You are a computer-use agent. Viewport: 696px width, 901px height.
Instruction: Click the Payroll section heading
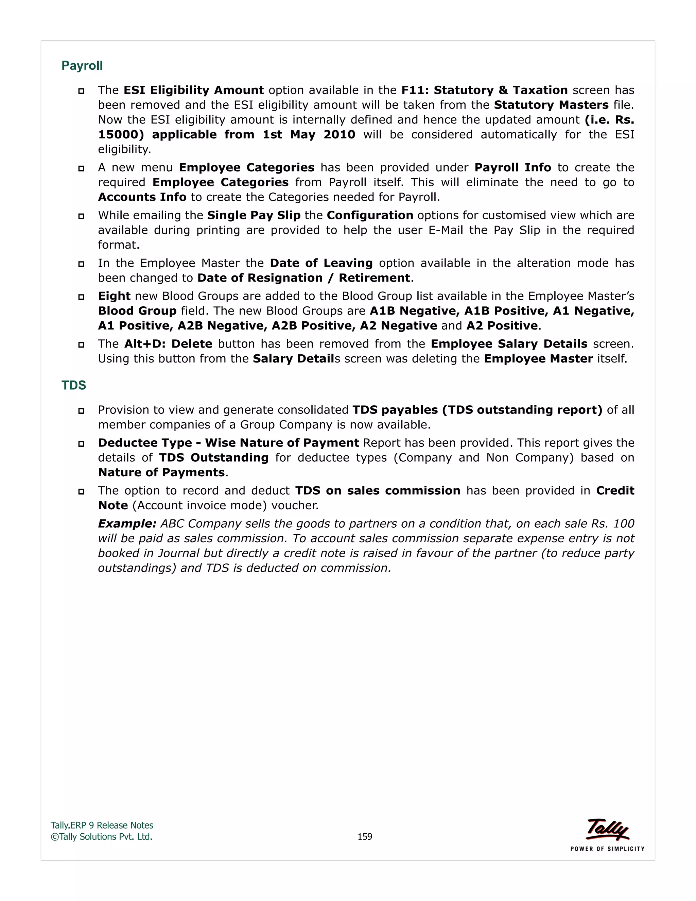click(82, 66)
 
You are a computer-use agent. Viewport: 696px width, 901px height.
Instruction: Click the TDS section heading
click(74, 385)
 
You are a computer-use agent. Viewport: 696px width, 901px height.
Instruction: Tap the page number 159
click(365, 837)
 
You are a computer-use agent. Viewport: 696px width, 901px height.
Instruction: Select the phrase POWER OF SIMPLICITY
click(607, 849)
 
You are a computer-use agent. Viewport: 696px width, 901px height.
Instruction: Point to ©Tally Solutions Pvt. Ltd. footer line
click(101, 837)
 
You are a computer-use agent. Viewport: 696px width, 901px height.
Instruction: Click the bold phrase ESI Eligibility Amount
click(193, 90)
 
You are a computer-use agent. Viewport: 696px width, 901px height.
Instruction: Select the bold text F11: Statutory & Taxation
click(485, 90)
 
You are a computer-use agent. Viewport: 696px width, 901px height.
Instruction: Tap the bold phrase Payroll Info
click(512, 168)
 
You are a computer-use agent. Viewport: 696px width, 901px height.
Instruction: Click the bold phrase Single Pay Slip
click(254, 215)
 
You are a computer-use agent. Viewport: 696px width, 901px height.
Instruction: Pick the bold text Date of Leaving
click(321, 263)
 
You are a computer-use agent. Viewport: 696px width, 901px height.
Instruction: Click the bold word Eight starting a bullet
click(114, 296)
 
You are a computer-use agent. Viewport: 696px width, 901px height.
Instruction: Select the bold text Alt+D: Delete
click(168, 344)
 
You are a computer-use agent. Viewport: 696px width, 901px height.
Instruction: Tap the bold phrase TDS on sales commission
click(378, 491)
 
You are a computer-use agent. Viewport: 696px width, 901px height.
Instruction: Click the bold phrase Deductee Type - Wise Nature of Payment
click(228, 443)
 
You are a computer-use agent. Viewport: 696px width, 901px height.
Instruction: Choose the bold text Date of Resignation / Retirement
click(303, 278)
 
